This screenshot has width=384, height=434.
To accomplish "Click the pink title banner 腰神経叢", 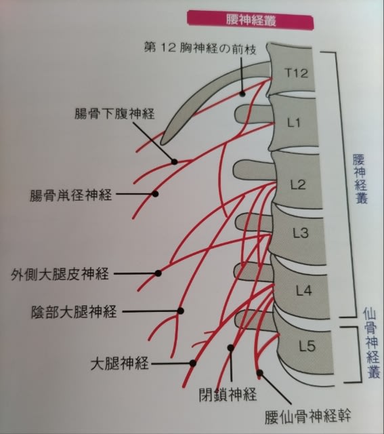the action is (251, 20).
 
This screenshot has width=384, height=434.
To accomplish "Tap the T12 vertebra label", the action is (296, 73).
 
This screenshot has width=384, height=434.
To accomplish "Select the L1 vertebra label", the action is (294, 122).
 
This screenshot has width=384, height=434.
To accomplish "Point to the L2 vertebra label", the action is (298, 184).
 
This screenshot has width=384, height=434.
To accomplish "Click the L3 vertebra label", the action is (301, 233).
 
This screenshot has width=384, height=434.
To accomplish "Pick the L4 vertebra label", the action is (304, 291).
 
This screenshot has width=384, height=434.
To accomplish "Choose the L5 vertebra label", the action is (307, 346).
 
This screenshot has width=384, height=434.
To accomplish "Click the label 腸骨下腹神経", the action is (114, 113).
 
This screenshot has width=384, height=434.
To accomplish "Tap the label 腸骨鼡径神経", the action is (71, 195).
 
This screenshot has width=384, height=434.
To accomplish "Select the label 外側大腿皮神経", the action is (60, 274).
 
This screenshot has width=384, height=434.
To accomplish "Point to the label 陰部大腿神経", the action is (74, 312).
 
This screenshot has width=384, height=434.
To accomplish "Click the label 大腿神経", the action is (120, 363).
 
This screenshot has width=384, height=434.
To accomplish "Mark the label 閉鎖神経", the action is (228, 394).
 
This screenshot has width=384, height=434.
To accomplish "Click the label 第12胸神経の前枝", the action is (200, 48).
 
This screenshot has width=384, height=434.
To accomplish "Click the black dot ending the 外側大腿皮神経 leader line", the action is (158, 273).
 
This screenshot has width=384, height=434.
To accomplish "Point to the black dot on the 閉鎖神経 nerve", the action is (231, 348).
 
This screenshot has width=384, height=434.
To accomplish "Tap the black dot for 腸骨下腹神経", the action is (174, 161).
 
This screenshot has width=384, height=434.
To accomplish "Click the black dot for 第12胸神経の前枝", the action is (242, 94).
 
